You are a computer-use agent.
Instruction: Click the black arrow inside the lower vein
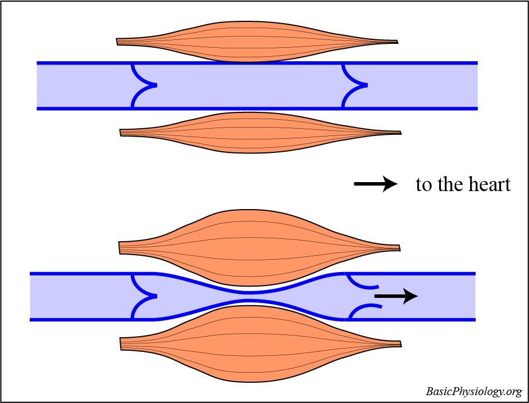(395, 296)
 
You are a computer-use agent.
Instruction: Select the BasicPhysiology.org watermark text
(473, 391)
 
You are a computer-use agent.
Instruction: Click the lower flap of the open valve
(365, 307)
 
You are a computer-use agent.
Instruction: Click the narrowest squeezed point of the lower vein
(250, 297)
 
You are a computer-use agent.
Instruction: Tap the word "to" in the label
(423, 184)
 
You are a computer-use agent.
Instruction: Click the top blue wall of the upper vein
(253, 63)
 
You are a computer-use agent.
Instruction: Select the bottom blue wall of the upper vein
(253, 108)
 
